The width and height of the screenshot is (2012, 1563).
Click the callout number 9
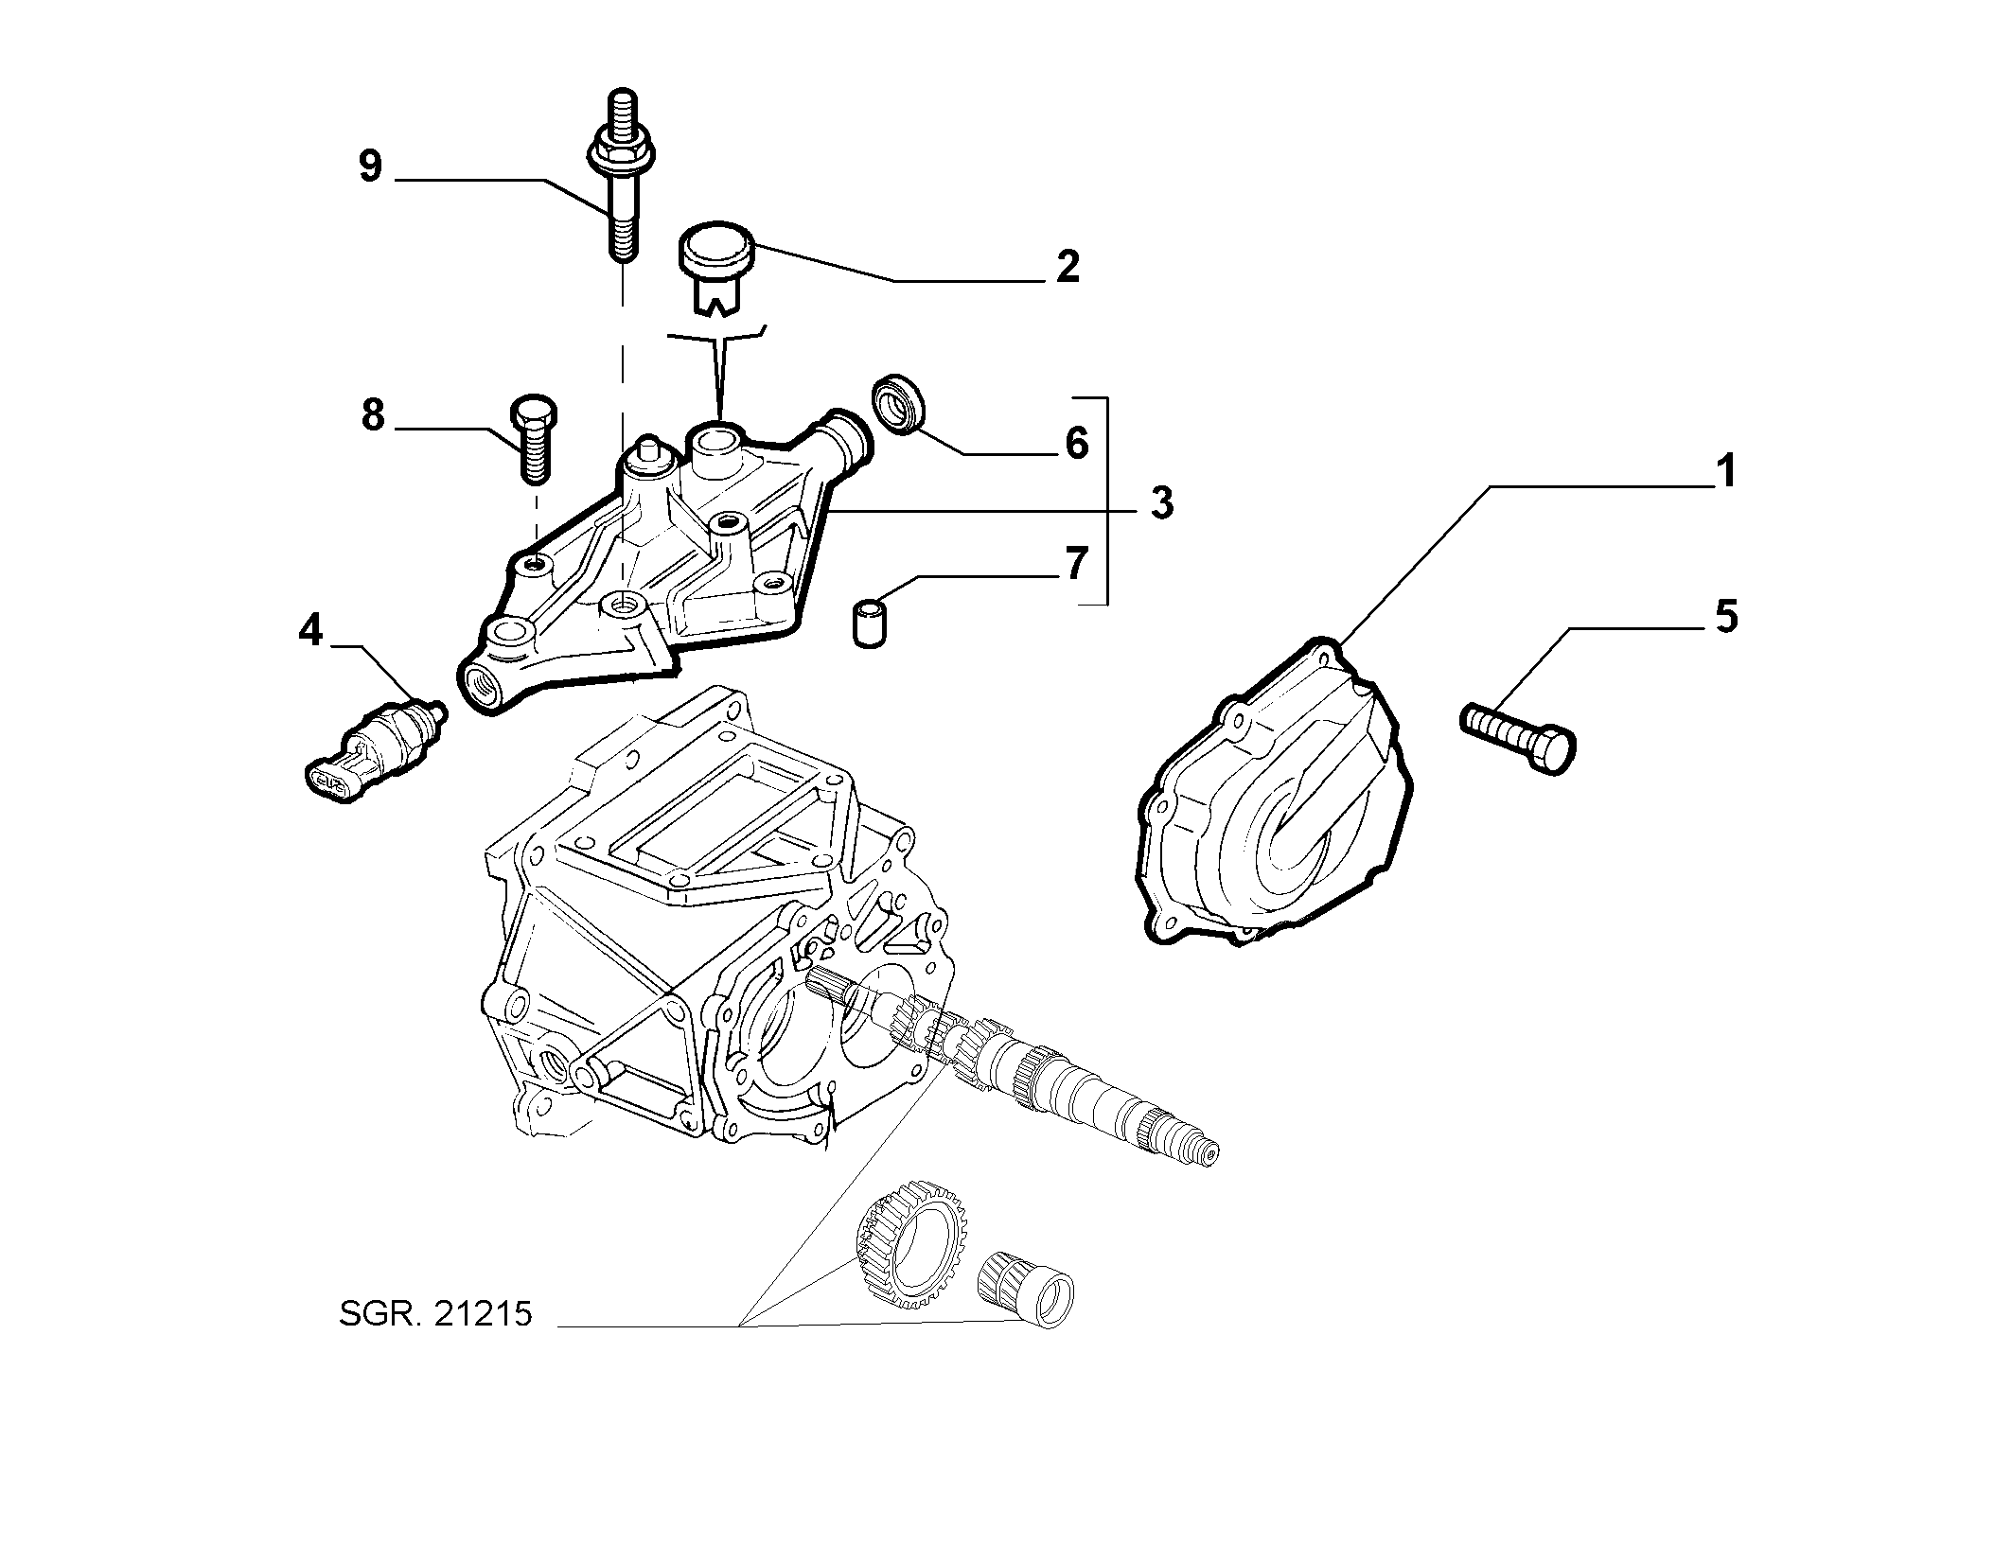(370, 167)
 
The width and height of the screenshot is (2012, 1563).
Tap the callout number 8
(374, 414)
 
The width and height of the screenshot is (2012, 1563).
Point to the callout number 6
(1077, 443)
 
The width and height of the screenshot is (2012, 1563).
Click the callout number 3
(1161, 503)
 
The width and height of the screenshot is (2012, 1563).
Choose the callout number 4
(311, 630)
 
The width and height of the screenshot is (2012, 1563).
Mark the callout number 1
(1726, 471)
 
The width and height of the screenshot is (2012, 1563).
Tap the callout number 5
(1726, 618)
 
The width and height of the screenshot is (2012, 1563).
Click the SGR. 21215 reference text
(436, 1315)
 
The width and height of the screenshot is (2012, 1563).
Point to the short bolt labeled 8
(534, 440)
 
